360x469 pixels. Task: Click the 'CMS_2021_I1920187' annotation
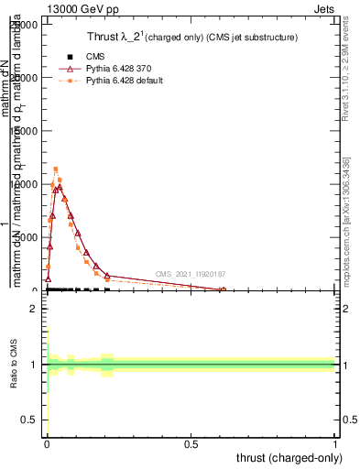pyautogui.click(x=190, y=274)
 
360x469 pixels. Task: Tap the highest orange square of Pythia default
pyautogui.click(x=56, y=169)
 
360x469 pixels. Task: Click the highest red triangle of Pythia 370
pyautogui.click(x=60, y=187)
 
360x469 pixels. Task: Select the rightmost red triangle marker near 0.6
pyautogui.click(x=223, y=290)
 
